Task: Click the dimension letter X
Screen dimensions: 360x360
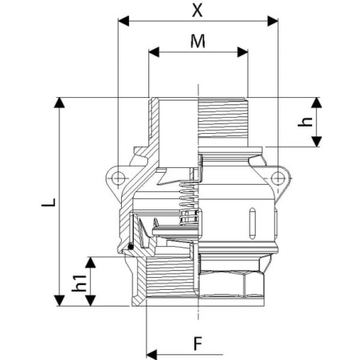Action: pos(197,10)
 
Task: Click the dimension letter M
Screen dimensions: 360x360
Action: pos(198,41)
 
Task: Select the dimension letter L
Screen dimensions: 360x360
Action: pos(49,202)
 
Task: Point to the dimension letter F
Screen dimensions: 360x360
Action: pos(198,343)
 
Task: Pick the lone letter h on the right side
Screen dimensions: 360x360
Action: pos(305,122)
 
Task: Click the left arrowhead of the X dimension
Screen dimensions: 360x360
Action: pos(123,21)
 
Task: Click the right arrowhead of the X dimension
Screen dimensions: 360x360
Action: pos(272,21)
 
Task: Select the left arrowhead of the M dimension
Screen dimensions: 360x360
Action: pos(154,52)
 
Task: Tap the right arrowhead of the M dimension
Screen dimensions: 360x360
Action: pos(243,52)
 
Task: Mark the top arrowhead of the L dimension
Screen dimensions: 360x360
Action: pos(59,103)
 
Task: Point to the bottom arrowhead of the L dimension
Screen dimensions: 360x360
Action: pos(59,300)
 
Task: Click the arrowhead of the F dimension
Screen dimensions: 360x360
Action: pos(152,354)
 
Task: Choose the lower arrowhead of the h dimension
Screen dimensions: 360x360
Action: pos(316,142)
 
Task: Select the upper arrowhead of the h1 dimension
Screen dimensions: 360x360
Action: pos(91,262)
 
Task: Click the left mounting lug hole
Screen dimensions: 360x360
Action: pos(118,178)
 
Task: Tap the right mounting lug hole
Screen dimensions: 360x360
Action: pos(278,178)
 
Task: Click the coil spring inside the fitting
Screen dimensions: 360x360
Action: pos(189,202)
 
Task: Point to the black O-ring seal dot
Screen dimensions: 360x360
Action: pos(131,247)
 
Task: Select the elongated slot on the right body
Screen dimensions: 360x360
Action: pos(252,222)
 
